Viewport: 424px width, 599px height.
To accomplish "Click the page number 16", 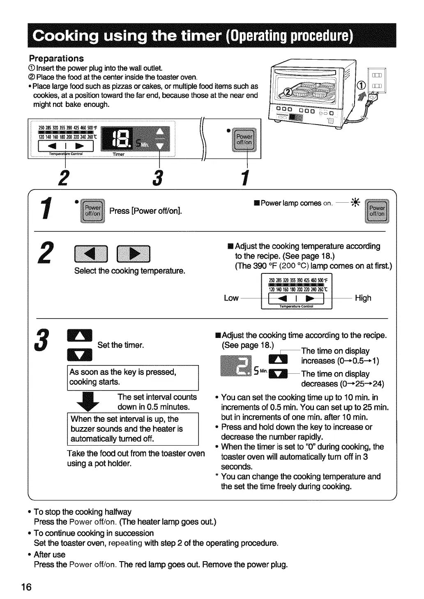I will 26,587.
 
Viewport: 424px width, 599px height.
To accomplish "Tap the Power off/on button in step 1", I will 93,211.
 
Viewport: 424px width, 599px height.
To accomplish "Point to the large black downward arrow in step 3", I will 94,402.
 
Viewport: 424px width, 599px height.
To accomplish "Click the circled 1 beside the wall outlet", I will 362,86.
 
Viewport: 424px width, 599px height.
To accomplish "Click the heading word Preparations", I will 56,58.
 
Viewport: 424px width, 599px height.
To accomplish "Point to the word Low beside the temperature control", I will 231,298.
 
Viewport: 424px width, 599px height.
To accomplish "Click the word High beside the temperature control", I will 363,298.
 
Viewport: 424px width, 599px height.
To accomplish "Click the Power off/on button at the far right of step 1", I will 377,211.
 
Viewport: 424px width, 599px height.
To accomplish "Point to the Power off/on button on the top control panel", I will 244,140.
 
